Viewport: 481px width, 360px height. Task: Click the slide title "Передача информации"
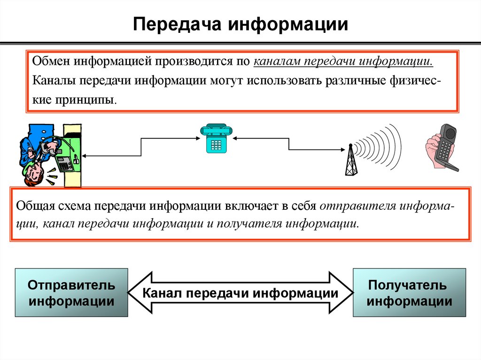pyautogui.click(x=240, y=24)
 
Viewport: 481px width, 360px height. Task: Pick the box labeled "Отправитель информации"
pyautogui.click(x=71, y=292)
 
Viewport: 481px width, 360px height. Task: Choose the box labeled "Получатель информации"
pyautogui.click(x=409, y=292)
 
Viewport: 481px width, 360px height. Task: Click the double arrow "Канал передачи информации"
pyautogui.click(x=240, y=293)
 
